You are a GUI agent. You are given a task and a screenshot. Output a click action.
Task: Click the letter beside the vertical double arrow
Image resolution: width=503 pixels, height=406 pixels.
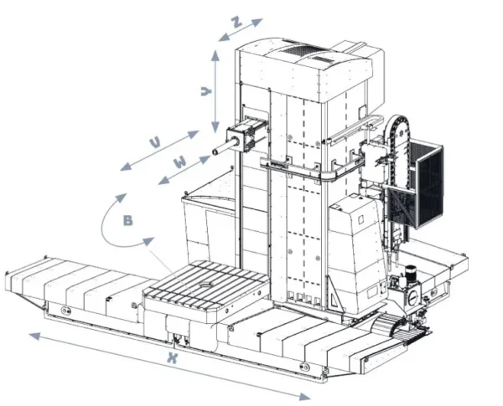click(x=205, y=91)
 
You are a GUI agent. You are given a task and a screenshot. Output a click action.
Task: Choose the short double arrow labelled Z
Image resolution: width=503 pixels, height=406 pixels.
click(x=240, y=29)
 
